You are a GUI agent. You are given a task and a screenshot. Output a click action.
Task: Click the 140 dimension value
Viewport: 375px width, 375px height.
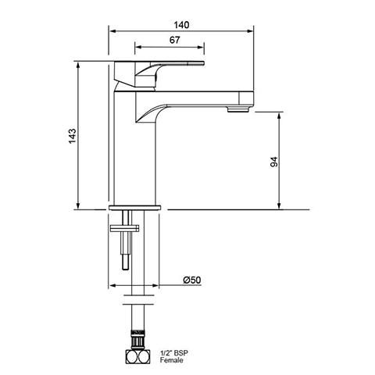(181, 24)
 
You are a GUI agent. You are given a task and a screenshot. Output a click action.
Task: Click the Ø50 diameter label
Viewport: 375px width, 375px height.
(191, 280)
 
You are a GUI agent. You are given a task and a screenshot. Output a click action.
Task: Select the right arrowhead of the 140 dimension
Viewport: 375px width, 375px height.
(252, 31)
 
